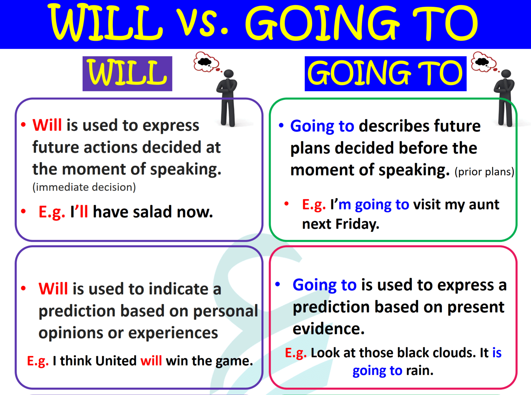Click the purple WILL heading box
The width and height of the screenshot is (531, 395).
[127, 74]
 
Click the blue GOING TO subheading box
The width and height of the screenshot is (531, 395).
[385, 74]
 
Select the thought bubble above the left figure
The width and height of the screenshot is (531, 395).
[206, 62]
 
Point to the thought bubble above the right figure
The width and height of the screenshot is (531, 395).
[483, 62]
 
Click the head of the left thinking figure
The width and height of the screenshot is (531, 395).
[229, 74]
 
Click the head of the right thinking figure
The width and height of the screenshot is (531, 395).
[506, 74]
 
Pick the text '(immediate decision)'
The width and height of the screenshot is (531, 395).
[84, 187]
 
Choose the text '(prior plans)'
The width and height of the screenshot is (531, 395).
[484, 172]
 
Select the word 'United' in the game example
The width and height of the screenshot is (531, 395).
[116, 361]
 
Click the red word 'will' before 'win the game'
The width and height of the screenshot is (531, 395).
[151, 361]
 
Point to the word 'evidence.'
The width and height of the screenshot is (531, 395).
[328, 329]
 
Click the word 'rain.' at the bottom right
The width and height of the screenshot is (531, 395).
[420, 370]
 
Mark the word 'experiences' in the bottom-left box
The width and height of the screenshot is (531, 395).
[173, 333]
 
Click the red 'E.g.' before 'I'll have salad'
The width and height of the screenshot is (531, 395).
[52, 212]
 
